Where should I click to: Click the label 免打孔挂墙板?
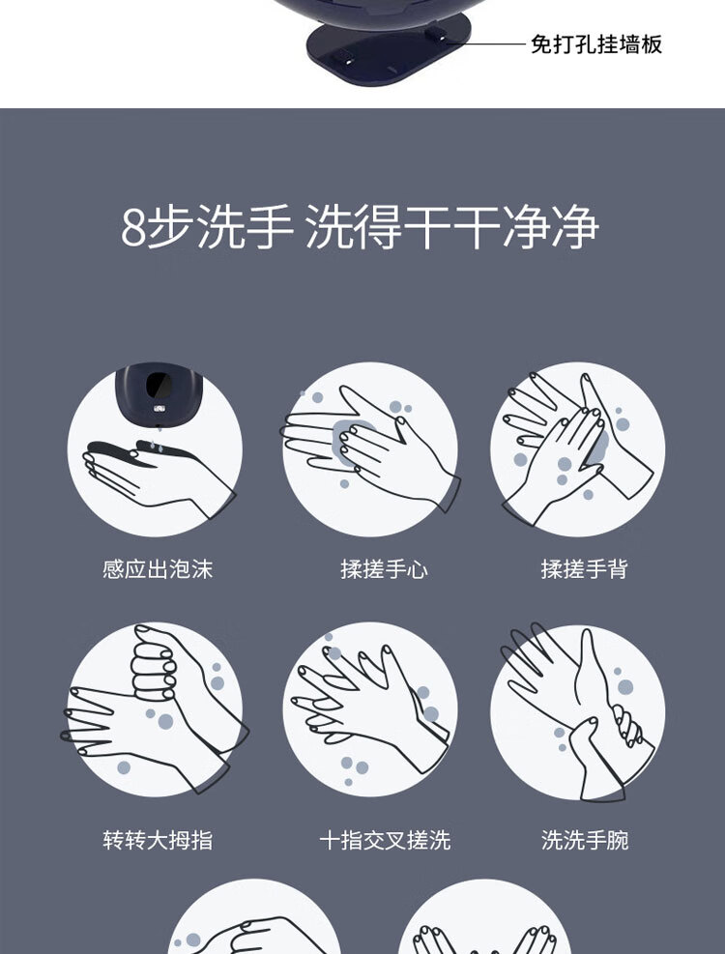coord(595,44)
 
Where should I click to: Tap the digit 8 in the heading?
coord(133,227)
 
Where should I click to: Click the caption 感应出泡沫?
coord(158,569)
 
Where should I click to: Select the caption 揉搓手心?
coord(384,569)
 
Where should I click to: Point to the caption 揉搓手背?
coord(585,569)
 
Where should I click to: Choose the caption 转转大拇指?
coord(158,840)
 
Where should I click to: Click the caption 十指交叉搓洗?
coord(385,840)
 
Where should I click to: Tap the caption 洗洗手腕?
coord(585,840)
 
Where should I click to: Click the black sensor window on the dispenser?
coord(159,384)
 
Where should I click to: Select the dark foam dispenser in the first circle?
coord(159,393)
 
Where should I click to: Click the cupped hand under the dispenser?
coord(159,478)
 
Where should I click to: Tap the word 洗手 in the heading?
coord(246,227)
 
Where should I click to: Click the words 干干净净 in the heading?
coord(503,227)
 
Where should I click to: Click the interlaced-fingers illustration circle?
coord(369,709)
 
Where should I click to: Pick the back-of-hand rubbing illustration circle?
coord(578,449)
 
